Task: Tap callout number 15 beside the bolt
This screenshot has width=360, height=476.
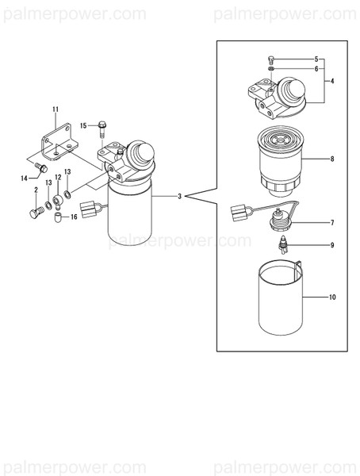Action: tap(83, 125)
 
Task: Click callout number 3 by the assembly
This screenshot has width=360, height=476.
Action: tap(181, 195)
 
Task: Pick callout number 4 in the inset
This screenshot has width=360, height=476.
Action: tap(332, 82)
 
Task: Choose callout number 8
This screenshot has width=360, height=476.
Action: tap(332, 159)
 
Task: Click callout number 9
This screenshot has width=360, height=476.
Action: tap(332, 245)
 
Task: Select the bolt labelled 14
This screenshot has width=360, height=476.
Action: tap(42, 167)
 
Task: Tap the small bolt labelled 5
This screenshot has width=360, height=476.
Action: tap(271, 59)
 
